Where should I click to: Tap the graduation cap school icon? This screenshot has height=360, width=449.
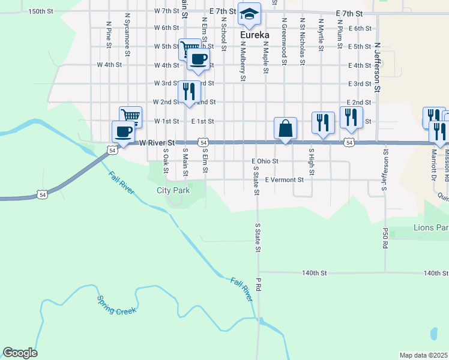click(x=249, y=13)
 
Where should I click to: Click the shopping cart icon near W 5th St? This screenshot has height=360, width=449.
click(x=190, y=48)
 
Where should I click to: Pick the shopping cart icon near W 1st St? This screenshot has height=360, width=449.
click(x=130, y=116)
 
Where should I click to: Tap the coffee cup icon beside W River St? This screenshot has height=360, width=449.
click(x=124, y=131)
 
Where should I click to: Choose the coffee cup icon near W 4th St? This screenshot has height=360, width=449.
click(x=198, y=59)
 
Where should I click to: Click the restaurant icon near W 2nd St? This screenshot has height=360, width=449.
click(x=189, y=92)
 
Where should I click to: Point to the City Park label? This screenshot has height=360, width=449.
click(x=173, y=190)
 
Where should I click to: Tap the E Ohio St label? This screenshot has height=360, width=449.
click(x=265, y=161)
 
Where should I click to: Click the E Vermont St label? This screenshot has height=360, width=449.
click(x=285, y=179)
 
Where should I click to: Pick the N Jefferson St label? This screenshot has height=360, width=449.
click(x=378, y=67)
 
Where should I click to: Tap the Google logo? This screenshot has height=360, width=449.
click(x=20, y=353)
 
